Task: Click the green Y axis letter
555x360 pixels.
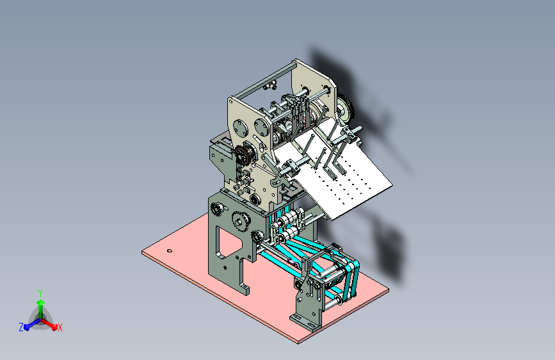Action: tap(40, 293)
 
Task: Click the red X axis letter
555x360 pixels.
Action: tap(60, 327)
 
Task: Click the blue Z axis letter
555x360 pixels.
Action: tap(21, 327)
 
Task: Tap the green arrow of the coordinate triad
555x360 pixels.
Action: tap(41, 308)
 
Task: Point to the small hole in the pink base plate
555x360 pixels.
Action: tap(170, 251)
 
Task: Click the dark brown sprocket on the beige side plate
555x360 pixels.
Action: tap(243, 155)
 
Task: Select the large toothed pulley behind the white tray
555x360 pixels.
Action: tap(346, 107)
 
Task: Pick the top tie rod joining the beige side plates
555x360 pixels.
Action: tap(264, 79)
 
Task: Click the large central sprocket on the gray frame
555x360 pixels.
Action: tap(240, 222)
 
